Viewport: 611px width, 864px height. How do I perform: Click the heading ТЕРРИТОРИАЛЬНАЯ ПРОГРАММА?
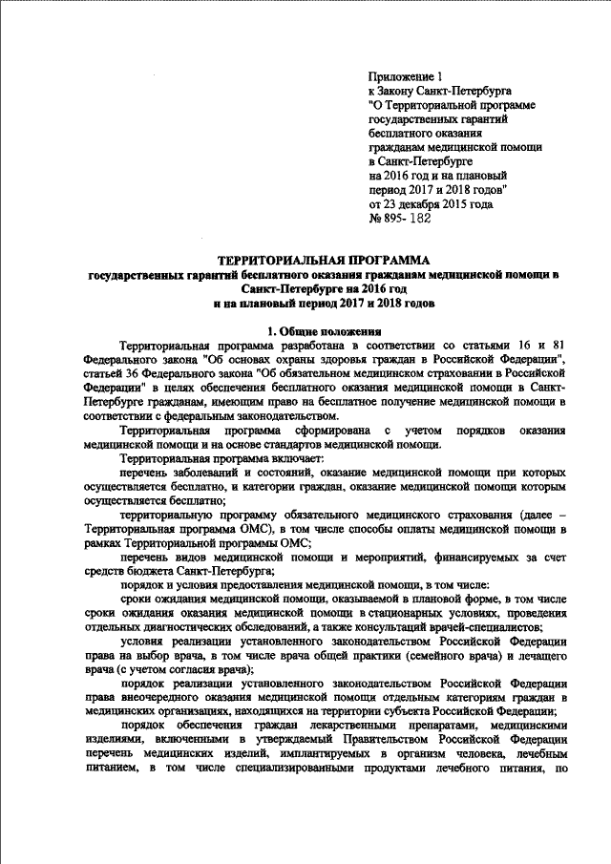coord(326,259)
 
